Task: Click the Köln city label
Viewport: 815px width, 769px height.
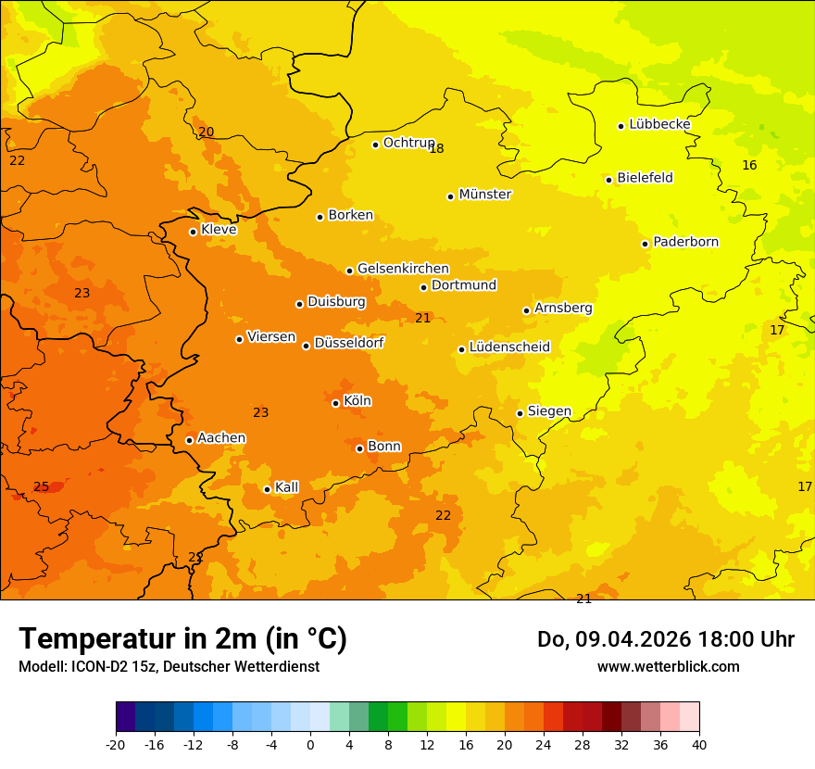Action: click(x=357, y=401)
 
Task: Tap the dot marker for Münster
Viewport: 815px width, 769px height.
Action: click(x=451, y=196)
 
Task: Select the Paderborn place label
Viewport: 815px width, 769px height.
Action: click(x=686, y=242)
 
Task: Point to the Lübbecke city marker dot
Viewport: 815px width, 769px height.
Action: click(x=621, y=126)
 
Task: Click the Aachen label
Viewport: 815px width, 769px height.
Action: click(x=221, y=438)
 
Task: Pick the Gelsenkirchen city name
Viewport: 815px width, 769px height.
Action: click(x=403, y=269)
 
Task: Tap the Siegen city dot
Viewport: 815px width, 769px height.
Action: click(x=520, y=413)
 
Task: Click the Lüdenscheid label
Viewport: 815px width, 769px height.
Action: click(x=509, y=347)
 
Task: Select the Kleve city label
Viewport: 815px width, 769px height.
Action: click(x=219, y=230)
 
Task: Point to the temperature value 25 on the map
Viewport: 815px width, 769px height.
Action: click(x=42, y=486)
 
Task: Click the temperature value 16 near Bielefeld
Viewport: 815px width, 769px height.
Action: click(x=749, y=165)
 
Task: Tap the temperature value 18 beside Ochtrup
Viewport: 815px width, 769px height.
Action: click(x=437, y=148)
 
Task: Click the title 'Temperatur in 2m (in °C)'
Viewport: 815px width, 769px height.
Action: click(x=182, y=639)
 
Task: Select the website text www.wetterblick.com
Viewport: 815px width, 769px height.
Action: click(x=668, y=666)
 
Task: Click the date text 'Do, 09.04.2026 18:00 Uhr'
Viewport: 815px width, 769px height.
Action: click(x=665, y=639)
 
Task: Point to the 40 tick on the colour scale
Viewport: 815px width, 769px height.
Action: click(x=699, y=744)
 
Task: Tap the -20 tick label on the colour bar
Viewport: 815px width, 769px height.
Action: click(x=116, y=744)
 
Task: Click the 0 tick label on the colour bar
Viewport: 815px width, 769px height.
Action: click(x=310, y=744)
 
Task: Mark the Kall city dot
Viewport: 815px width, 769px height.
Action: click(x=268, y=489)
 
